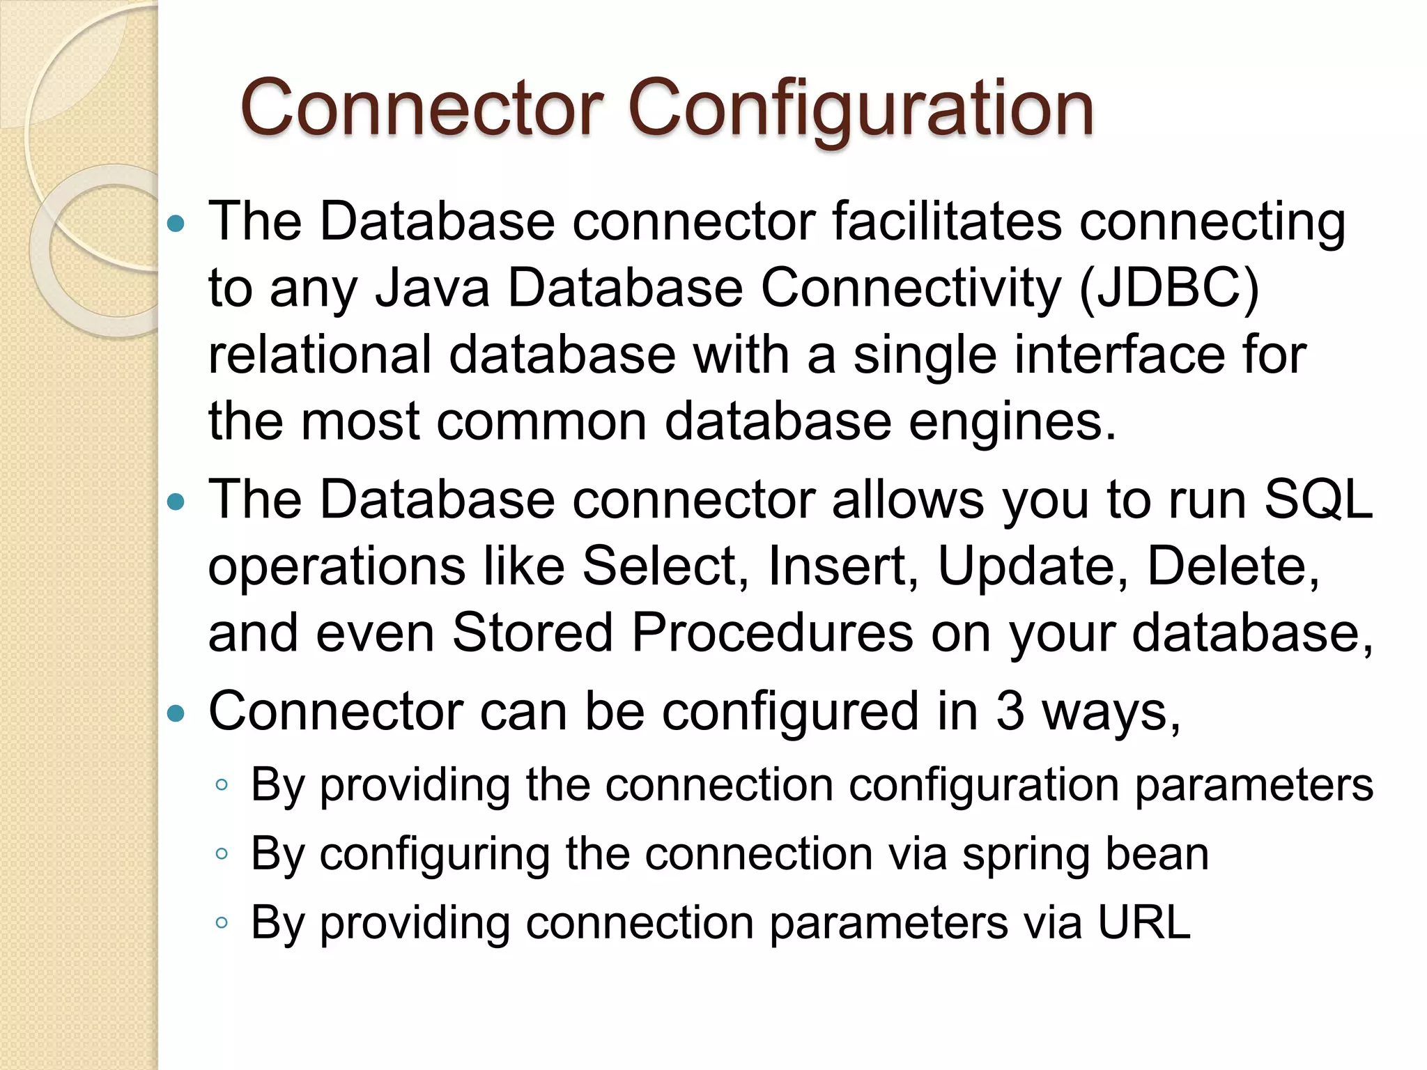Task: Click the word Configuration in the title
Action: pos(861,110)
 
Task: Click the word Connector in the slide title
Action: pos(422,110)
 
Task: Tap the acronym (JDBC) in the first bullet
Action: pos(1169,288)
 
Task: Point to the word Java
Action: pos(432,288)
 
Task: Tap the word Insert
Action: pos(842,566)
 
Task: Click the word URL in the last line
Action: pos(1143,922)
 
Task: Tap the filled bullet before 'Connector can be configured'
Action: pos(177,713)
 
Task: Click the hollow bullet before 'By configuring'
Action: pos(222,854)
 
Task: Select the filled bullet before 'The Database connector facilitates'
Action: pos(177,224)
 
